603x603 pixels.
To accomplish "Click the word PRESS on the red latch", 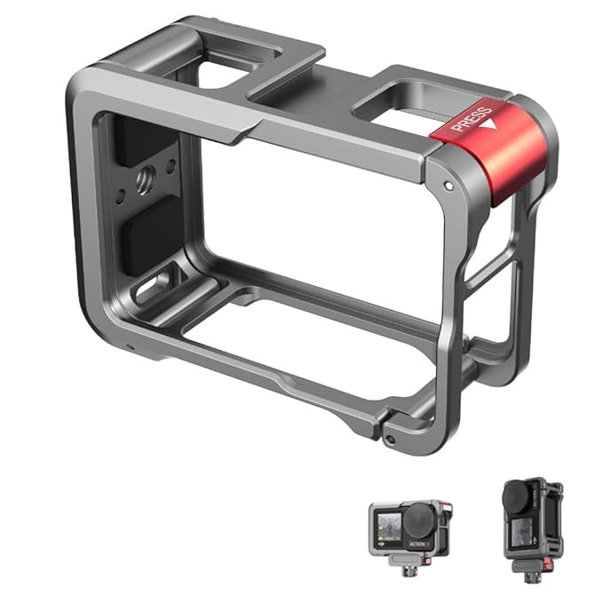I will pyautogui.click(x=465, y=118).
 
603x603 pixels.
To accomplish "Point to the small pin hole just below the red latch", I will pyautogui.click(x=449, y=185).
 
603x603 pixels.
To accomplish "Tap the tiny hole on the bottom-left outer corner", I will pyautogui.click(x=131, y=346).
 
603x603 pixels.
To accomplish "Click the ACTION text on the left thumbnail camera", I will pyautogui.click(x=417, y=543).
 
